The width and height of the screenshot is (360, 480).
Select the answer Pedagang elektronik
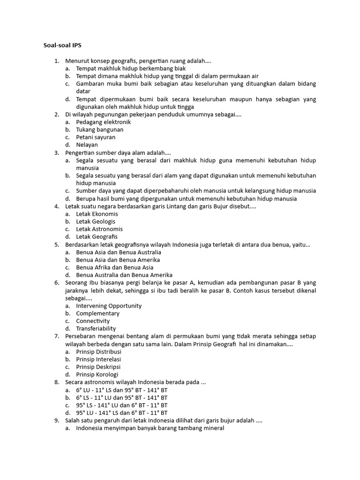click(103, 122)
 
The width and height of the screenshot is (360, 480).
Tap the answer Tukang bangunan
click(100, 129)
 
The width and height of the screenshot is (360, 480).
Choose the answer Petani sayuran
click(96, 137)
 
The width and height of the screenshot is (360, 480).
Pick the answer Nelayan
click(87, 145)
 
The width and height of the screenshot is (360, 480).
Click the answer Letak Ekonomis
click(97, 214)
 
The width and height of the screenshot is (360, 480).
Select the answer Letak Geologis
click(96, 221)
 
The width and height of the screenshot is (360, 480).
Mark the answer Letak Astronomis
click(99, 229)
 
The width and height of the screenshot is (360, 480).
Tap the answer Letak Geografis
click(97, 237)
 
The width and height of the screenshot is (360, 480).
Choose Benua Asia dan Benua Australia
click(119, 252)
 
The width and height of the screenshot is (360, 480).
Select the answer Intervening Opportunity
click(109, 306)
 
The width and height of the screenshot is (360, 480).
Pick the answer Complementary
click(97, 313)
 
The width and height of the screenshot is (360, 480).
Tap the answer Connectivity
click(93, 321)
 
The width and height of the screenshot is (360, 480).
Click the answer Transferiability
click(96, 329)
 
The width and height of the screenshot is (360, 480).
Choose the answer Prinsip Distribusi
click(99, 352)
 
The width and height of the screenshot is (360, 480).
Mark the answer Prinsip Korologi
click(97, 375)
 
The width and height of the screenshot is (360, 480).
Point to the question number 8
click(57, 382)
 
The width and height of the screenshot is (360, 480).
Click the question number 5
click(57, 244)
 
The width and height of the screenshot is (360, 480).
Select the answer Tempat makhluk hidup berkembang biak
click(125, 68)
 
